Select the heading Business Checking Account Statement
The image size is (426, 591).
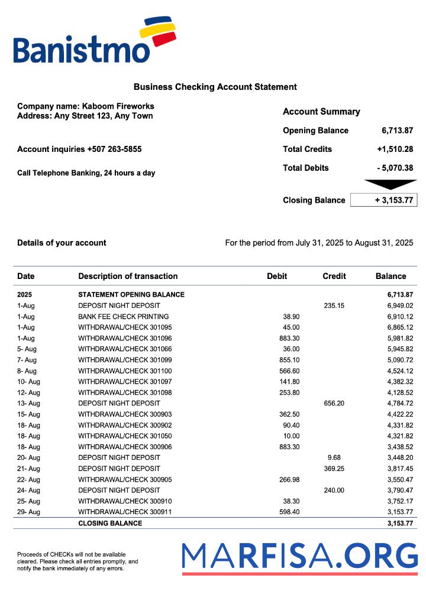pos(215,87)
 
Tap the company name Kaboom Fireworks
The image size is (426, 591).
pos(118,106)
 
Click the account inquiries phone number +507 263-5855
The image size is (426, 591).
pos(114,150)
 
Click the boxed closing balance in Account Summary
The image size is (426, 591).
pos(383,200)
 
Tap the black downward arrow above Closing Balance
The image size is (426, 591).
pos(390,184)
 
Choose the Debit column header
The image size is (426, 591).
pos(277,276)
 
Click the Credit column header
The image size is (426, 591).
pos(334,276)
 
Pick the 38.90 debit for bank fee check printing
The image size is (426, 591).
pos(291,317)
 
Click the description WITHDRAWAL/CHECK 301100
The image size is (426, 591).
pos(125,371)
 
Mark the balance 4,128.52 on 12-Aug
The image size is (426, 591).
pos(393,392)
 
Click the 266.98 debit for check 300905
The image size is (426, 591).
pos(289,479)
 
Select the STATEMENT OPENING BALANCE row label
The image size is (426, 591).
pos(131,294)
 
